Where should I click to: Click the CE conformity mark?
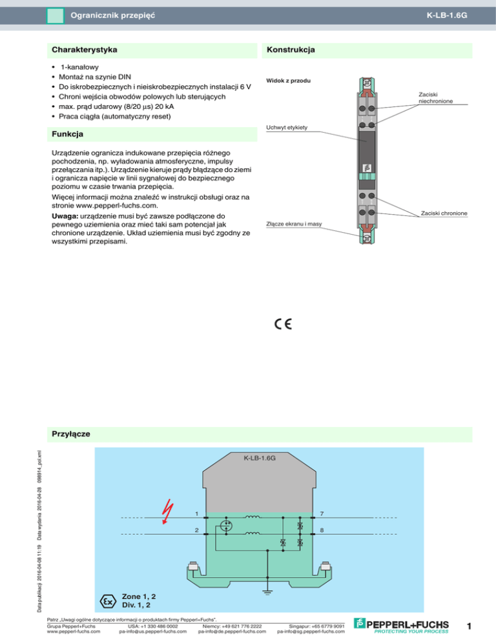pos(282,324)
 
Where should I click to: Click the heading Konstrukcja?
pos(291,49)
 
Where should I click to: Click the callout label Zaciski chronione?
pos(443,213)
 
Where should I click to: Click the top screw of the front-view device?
pos(366,82)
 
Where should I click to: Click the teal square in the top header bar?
pos(56,15)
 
